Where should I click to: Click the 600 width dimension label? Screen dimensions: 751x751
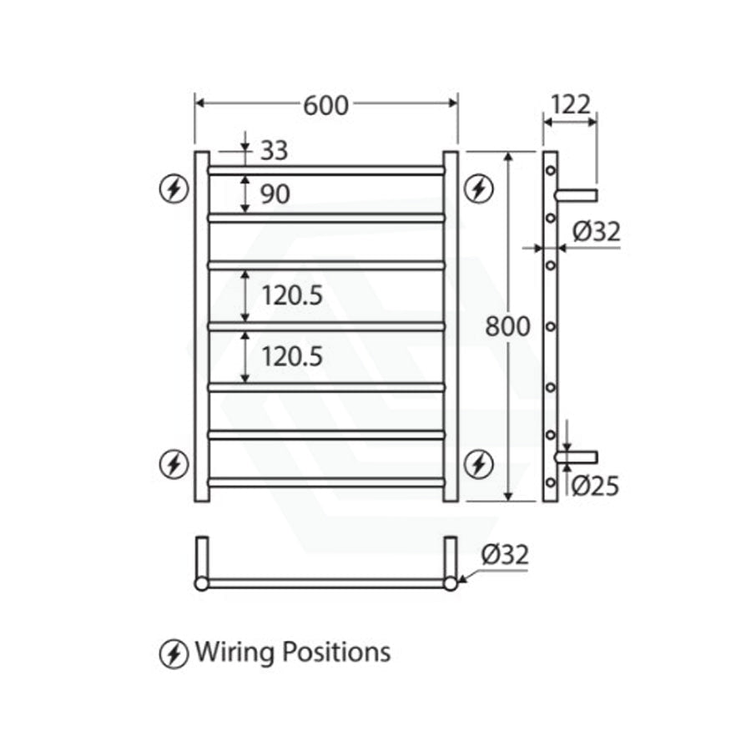pyautogui.click(x=325, y=105)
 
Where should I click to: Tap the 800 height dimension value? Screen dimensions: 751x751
pyautogui.click(x=507, y=326)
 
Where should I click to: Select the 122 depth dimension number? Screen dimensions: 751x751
pyautogui.click(x=570, y=104)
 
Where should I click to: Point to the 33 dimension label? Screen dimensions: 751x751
pyautogui.click(x=274, y=151)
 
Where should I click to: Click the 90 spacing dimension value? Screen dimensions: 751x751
pyautogui.click(x=275, y=194)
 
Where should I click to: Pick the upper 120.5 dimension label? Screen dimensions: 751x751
pyautogui.click(x=292, y=295)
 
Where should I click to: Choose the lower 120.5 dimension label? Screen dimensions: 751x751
pyautogui.click(x=292, y=357)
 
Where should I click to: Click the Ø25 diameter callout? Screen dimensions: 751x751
pyautogui.click(x=597, y=485)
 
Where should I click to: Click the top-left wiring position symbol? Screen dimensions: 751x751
pyautogui.click(x=174, y=189)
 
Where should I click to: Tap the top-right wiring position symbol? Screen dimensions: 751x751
pyautogui.click(x=478, y=189)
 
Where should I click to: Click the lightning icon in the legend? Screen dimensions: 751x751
pyautogui.click(x=174, y=653)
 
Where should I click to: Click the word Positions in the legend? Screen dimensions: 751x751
pyautogui.click(x=336, y=652)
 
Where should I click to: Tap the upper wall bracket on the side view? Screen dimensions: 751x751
pyautogui.click(x=577, y=196)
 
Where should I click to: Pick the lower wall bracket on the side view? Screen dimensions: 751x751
pyautogui.click(x=577, y=456)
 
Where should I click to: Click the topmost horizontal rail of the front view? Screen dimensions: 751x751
pyautogui.click(x=325, y=170)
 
